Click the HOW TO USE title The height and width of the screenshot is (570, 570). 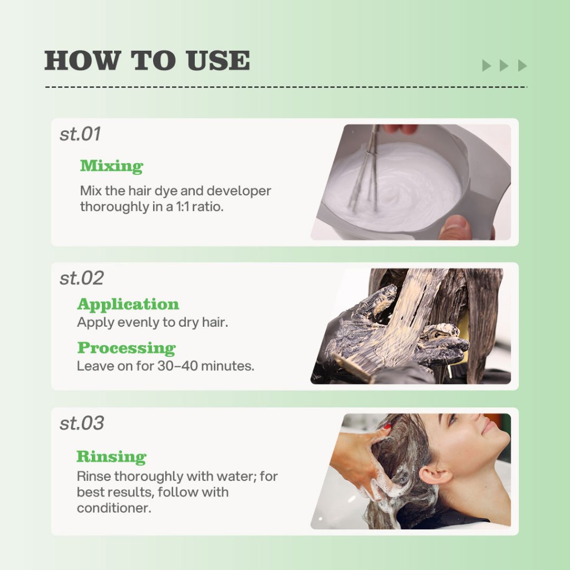(x=147, y=60)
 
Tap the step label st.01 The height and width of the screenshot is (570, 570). (x=80, y=134)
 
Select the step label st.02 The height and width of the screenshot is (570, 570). (x=82, y=278)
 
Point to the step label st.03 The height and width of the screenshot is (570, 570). (x=82, y=423)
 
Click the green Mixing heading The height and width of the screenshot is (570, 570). (x=111, y=166)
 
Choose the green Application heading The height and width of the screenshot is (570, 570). (x=128, y=304)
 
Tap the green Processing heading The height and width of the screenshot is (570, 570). (x=126, y=348)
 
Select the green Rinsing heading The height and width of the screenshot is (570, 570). (x=111, y=456)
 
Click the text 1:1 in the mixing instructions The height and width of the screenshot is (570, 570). (x=183, y=207)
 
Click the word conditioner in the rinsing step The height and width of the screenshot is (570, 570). (x=114, y=508)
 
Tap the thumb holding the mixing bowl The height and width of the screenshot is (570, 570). (x=454, y=228)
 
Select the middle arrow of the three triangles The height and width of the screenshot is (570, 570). (x=504, y=66)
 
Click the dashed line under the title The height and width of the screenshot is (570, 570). (x=286, y=87)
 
